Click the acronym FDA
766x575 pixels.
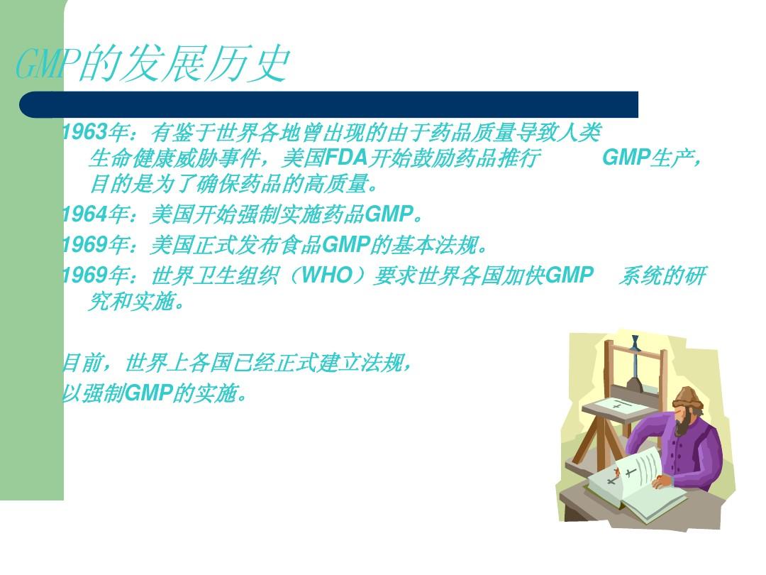coord(346,158)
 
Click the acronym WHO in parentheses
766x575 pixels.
coord(327,275)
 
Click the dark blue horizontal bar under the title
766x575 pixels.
coord(329,104)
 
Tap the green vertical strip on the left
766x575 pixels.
coord(32,250)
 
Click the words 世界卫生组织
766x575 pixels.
coord(215,275)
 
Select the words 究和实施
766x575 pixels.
coord(132,302)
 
